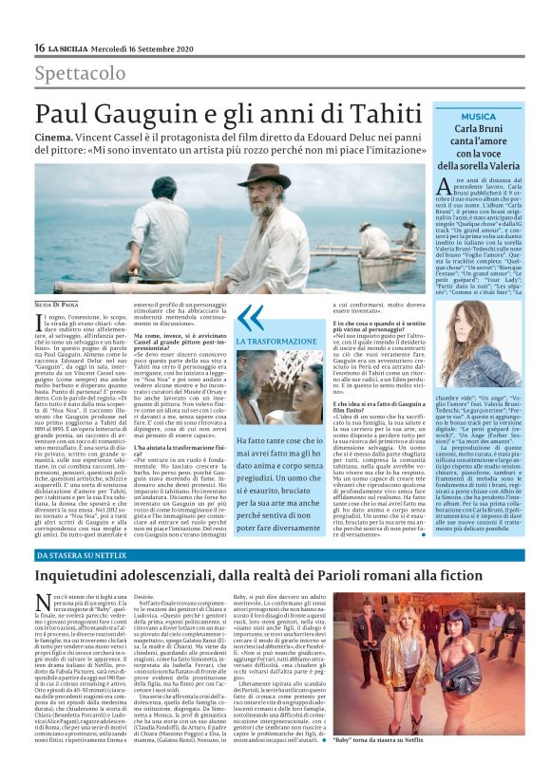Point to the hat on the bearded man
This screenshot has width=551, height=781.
point(264,177)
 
